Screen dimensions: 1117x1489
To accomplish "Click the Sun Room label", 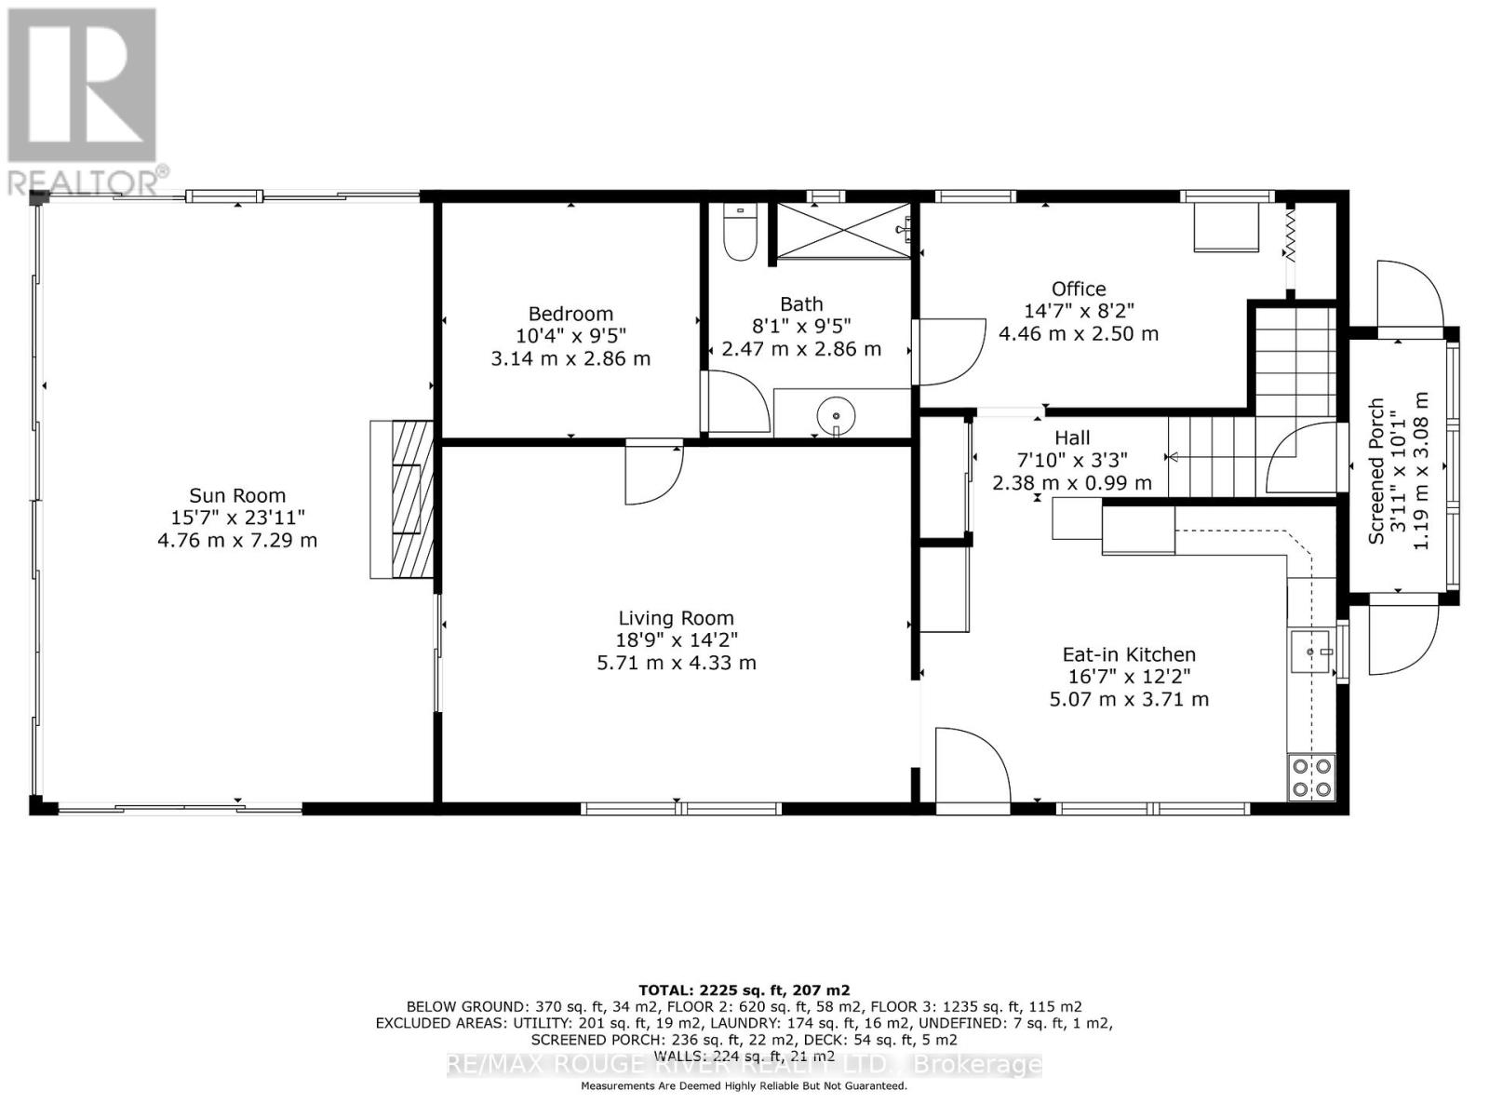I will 237,495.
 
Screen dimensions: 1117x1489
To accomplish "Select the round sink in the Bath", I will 836,412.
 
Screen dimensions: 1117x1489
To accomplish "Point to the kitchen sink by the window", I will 1313,652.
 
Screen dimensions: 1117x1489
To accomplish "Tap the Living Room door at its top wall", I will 653,473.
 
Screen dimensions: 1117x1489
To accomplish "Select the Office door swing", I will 949,351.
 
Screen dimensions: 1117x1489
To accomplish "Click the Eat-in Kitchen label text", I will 1129,654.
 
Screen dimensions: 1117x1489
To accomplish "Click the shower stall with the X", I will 843,229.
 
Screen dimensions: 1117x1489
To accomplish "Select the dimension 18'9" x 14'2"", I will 677,640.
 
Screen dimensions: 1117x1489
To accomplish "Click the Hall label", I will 1072,437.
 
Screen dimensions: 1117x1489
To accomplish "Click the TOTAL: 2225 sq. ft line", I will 744,990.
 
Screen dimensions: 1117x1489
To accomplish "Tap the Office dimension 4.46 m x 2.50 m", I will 1079,333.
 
